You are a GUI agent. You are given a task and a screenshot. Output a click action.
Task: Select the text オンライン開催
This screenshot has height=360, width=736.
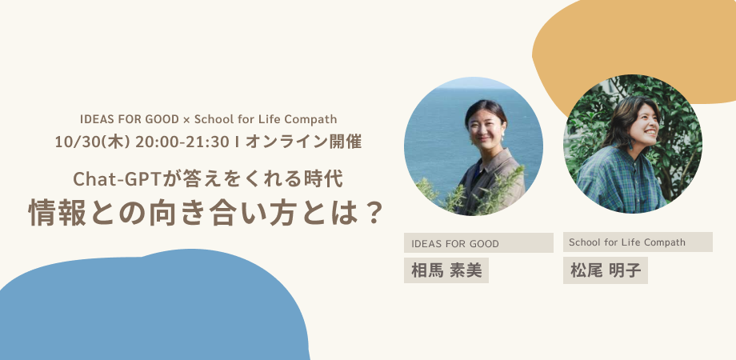303,142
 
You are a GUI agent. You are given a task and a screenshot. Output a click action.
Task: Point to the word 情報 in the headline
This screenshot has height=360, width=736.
58,213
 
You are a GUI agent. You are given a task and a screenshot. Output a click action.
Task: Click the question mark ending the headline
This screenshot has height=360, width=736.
372,213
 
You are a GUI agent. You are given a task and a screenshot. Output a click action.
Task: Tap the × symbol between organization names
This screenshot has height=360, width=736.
186,120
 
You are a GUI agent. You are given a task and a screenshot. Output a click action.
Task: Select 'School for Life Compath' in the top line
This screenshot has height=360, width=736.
266,119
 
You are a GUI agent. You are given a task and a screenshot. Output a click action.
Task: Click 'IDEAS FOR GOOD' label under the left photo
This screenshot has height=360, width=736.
455,244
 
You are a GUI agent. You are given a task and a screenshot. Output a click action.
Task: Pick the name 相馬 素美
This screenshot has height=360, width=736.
446,270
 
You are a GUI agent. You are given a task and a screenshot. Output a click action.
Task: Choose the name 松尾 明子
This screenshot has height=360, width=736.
606,270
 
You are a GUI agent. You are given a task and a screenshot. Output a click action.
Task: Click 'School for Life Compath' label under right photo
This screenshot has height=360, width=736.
627,242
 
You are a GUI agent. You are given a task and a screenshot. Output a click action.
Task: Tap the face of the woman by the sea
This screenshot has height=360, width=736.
486,127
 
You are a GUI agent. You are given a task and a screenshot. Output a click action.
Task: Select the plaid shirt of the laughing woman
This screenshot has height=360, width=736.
618,179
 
